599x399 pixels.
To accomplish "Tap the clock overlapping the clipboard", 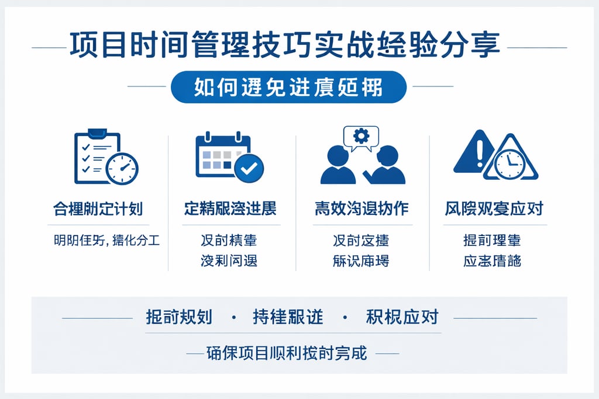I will tap(122, 168).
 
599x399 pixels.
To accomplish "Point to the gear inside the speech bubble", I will tap(362, 136).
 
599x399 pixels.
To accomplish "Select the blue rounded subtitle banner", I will tap(289, 87).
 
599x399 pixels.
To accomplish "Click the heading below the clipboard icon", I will tap(98, 209).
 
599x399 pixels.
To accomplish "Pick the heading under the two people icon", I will tap(361, 209).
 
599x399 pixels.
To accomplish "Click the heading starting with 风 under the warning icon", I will tap(494, 209).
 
